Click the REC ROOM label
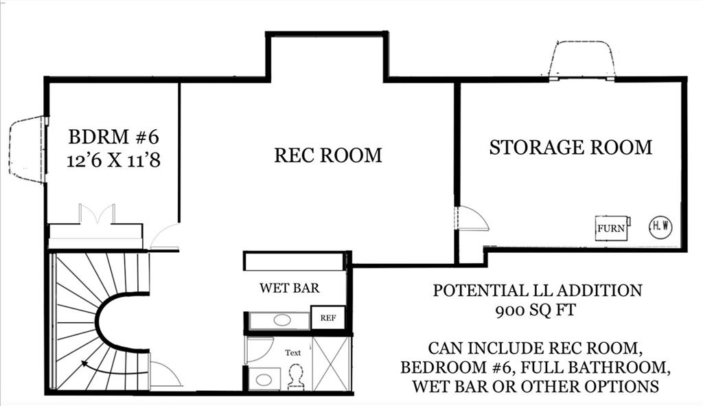[328, 155]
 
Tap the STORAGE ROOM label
[571, 147]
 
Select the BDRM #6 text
[113, 137]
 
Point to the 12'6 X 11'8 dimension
[113, 160]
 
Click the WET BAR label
[289, 288]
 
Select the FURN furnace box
[611, 228]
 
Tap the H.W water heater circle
[660, 227]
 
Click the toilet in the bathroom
[297, 376]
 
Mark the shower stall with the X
[331, 363]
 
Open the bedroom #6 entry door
[165, 236]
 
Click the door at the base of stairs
[165, 375]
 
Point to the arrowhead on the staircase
[84, 365]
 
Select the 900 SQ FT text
[537, 311]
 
